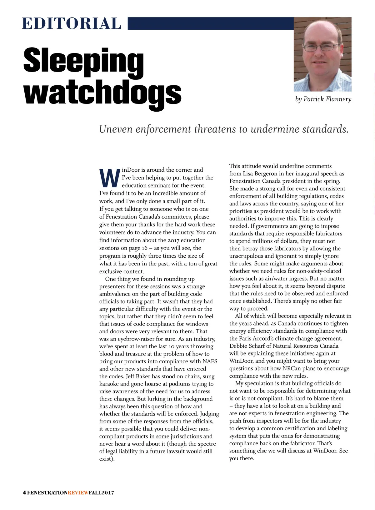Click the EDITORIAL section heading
(x=72, y=24)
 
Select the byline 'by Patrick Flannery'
(x=323, y=99)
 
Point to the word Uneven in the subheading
(x=116, y=129)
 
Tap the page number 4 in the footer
(x=24, y=493)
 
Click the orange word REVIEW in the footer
(x=78, y=493)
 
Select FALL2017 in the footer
(x=101, y=493)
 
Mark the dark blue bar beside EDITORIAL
(x=211, y=23)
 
